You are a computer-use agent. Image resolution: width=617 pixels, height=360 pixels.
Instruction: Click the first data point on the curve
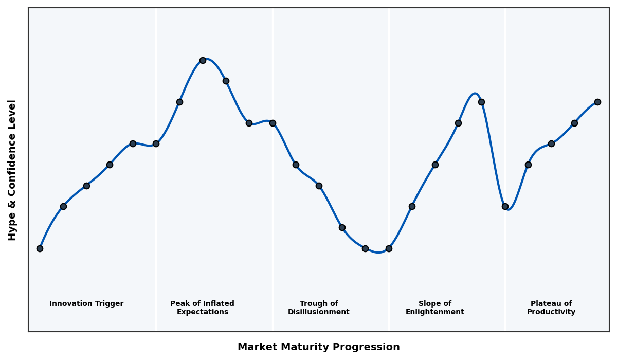[40, 248]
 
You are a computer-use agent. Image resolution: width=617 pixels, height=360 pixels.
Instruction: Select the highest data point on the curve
[203, 60]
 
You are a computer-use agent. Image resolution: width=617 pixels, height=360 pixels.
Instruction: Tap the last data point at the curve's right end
[597, 102]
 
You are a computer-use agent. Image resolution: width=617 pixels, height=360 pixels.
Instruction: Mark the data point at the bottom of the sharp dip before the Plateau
[505, 206]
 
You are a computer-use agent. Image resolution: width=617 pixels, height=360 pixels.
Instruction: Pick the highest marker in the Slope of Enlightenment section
[481, 102]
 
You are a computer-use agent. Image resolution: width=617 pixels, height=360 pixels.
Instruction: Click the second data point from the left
[63, 206]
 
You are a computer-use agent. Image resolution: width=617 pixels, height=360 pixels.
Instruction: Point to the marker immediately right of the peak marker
[226, 81]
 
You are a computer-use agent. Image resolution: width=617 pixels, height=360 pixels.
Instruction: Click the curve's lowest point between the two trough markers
[378, 253]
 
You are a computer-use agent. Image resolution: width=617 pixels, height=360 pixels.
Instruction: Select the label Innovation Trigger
[86, 304]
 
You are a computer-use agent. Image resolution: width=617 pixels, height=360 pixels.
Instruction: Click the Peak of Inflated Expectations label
[202, 308]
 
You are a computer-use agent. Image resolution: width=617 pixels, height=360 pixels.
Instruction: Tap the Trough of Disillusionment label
[318, 308]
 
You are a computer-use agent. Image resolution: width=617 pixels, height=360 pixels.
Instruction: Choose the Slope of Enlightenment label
[434, 308]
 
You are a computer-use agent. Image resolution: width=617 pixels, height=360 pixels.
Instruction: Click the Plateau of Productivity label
[551, 308]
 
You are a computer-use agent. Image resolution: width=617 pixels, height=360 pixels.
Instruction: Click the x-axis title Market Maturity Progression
[318, 347]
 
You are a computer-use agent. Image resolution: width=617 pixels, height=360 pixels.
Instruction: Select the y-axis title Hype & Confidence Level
[12, 170]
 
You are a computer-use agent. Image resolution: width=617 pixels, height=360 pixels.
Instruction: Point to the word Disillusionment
[318, 312]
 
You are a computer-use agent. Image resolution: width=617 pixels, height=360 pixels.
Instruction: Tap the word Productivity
[551, 312]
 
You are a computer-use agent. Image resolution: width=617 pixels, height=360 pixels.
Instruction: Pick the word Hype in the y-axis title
[12, 229]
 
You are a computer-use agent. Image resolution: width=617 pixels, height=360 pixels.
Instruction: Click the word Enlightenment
[434, 312]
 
